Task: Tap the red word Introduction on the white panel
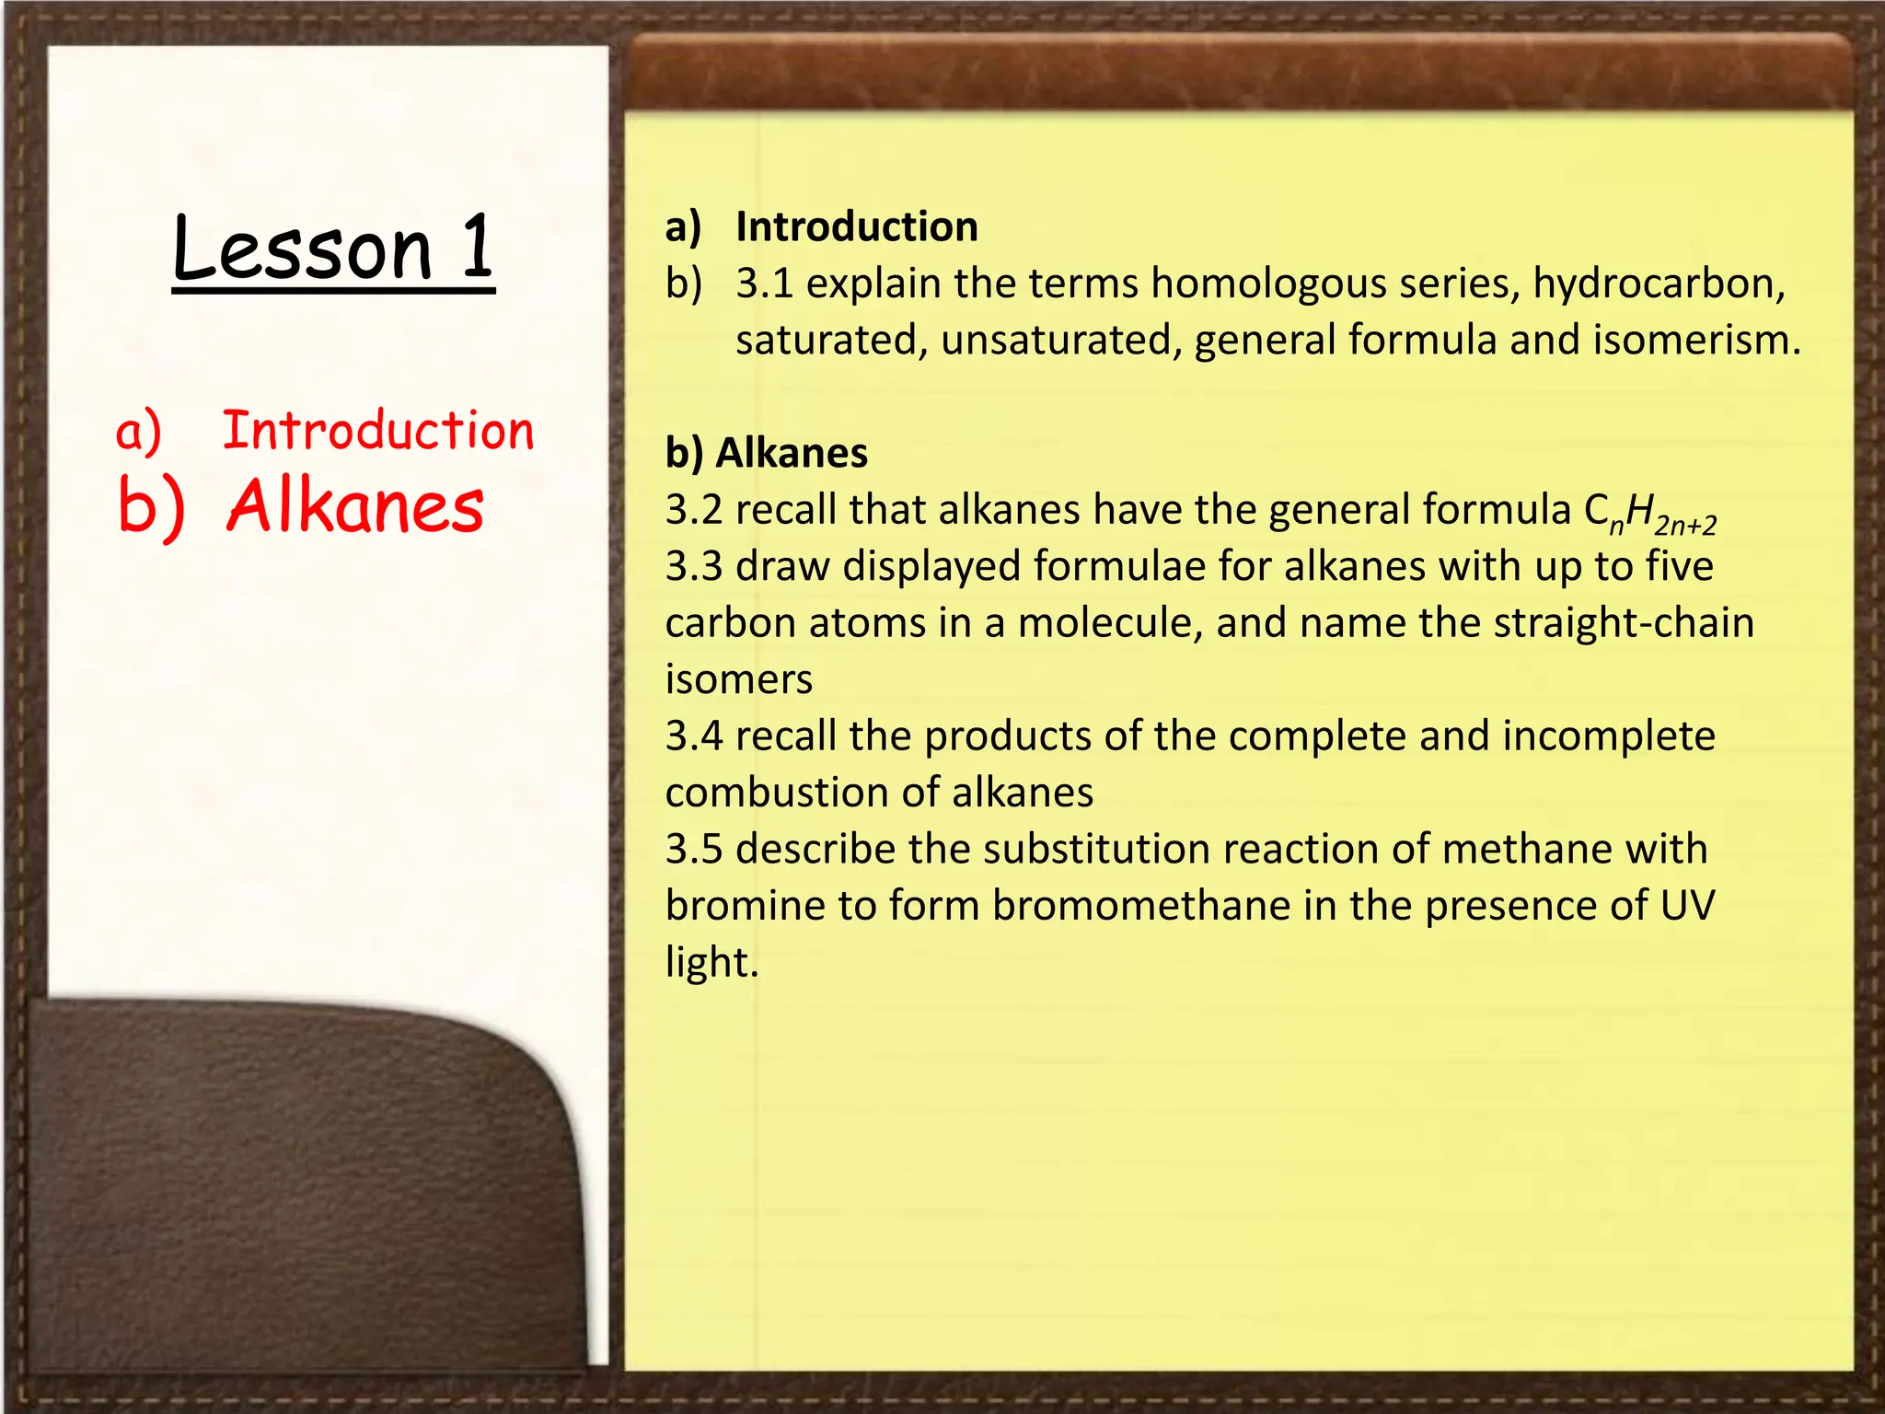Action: (378, 431)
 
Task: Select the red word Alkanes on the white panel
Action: (355, 507)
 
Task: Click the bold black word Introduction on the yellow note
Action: (857, 226)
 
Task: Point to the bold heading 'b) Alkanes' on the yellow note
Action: (767, 453)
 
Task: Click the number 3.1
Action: (765, 284)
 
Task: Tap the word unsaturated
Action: (1061, 340)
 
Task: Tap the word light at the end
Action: (710, 963)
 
